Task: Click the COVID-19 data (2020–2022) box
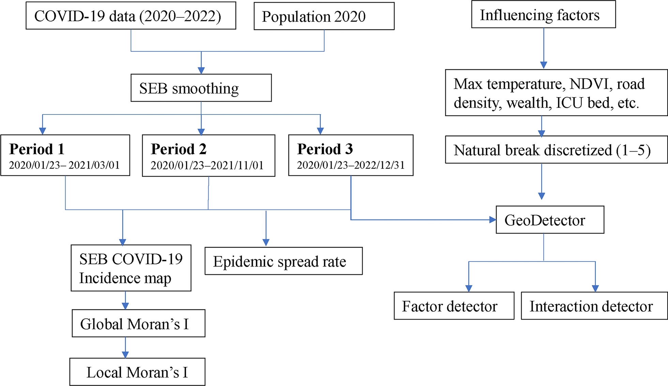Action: click(x=131, y=16)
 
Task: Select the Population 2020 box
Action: click(x=324, y=16)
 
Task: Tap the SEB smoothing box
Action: click(x=201, y=88)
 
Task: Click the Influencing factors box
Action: click(x=544, y=14)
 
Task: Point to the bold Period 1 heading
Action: click(x=37, y=149)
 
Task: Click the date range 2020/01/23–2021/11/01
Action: click(x=207, y=165)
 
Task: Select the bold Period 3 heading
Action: click(x=325, y=149)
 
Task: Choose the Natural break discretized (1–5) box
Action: click(x=556, y=150)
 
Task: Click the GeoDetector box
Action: click(x=550, y=220)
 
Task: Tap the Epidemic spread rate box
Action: click(x=284, y=261)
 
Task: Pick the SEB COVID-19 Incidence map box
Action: click(x=131, y=268)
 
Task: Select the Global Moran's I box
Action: click(x=138, y=323)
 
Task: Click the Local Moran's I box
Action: click(x=137, y=372)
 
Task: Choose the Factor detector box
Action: click(x=454, y=306)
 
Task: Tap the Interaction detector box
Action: click(x=594, y=306)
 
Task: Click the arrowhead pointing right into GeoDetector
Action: click(x=492, y=220)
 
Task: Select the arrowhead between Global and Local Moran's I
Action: click(x=125, y=355)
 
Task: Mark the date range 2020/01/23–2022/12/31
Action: click(x=351, y=165)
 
